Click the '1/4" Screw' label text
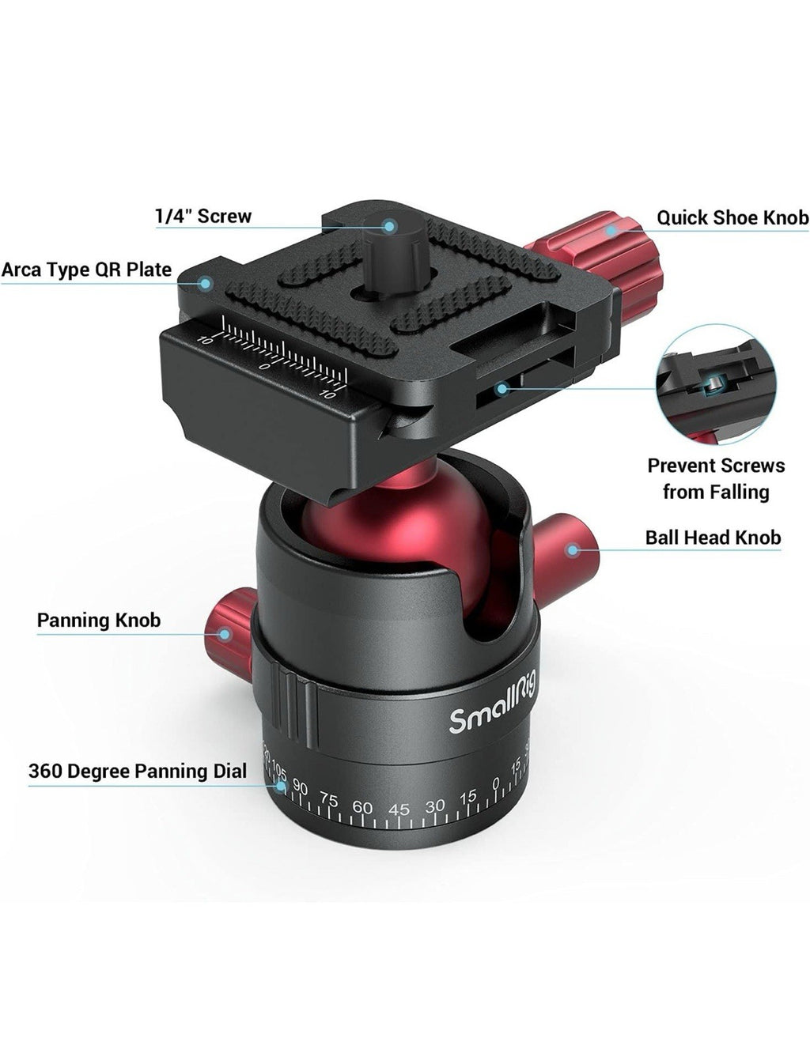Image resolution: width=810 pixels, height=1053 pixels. [x=203, y=216]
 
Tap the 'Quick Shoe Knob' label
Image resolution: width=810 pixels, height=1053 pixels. [x=733, y=217]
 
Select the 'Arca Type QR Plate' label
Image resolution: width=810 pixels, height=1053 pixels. [x=86, y=270]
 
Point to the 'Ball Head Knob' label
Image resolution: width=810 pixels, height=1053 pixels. [x=713, y=538]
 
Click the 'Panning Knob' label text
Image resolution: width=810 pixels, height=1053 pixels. [x=99, y=621]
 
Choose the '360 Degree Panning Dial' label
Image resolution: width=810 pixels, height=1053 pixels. [x=138, y=771]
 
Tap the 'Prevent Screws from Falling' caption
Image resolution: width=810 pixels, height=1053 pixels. [x=716, y=479]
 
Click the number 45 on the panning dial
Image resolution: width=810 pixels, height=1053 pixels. [x=399, y=810]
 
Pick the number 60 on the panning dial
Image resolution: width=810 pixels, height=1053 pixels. [x=362, y=806]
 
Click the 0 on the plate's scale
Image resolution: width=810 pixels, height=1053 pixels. [x=264, y=366]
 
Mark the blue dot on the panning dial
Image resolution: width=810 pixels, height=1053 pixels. [x=281, y=786]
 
